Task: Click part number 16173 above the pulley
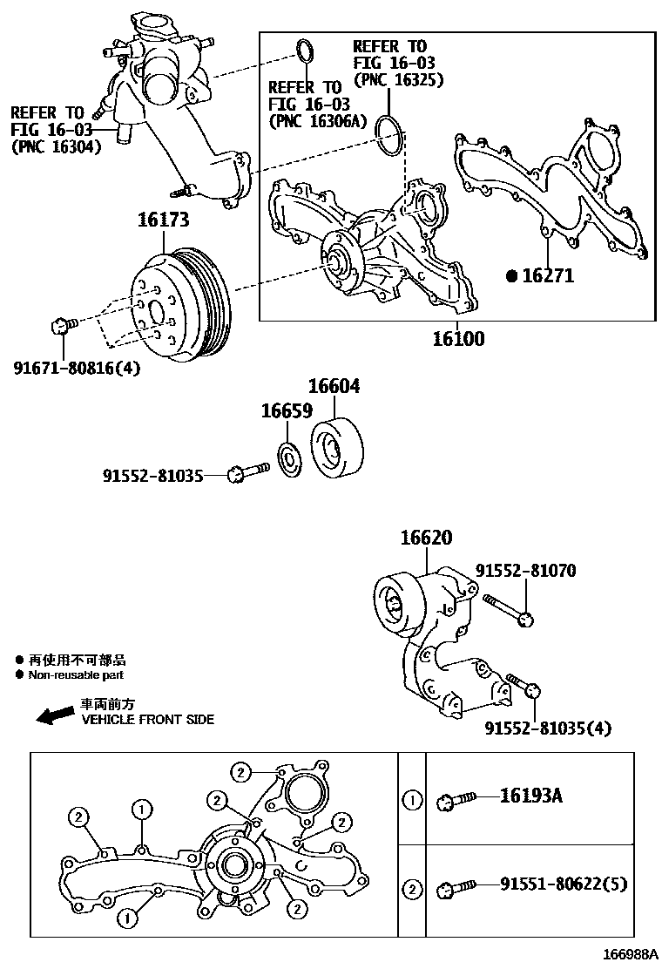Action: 163,220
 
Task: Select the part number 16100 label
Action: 458,338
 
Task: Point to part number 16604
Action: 334,387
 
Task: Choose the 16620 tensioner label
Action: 426,539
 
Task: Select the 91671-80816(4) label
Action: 77,368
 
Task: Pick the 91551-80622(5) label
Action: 563,885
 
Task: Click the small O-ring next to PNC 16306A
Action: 304,51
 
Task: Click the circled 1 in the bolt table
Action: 411,797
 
